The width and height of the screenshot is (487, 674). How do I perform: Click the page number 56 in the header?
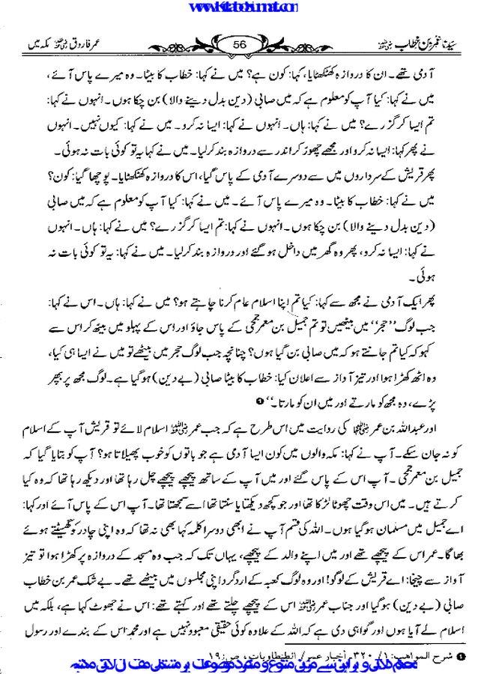[x=243, y=44]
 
